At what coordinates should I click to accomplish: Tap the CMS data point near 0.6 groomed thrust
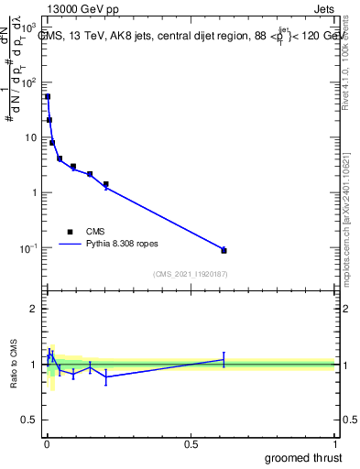coord(224,250)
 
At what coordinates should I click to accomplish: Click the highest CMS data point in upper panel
coord(48,96)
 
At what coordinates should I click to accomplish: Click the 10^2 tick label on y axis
coord(28,82)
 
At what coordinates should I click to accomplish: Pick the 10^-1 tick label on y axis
coord(28,248)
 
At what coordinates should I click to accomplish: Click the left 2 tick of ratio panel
coord(36,309)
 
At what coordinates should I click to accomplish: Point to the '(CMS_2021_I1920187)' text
coord(190,274)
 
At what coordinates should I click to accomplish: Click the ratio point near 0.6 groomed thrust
coord(224,359)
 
